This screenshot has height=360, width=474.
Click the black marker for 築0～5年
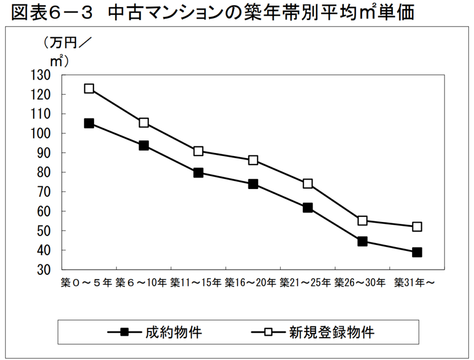click(89, 123)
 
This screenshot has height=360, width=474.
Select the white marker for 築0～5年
click(89, 88)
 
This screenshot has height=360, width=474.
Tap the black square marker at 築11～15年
click(199, 173)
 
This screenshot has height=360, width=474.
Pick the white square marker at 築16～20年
click(253, 160)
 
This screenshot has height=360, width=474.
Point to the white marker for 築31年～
click(417, 227)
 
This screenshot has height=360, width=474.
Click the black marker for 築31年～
click(417, 253)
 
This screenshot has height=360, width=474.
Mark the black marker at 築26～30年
click(362, 241)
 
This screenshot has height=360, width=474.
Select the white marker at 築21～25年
click(308, 183)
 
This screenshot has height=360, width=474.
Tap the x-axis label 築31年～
click(414, 283)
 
